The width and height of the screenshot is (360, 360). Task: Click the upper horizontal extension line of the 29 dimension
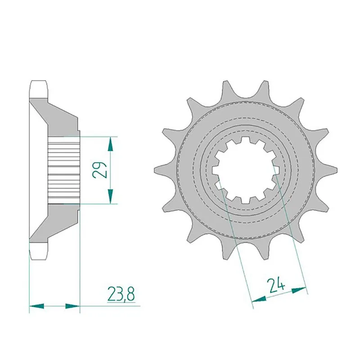(x=99, y=136)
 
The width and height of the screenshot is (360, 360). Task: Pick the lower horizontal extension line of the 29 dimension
(x=99, y=204)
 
